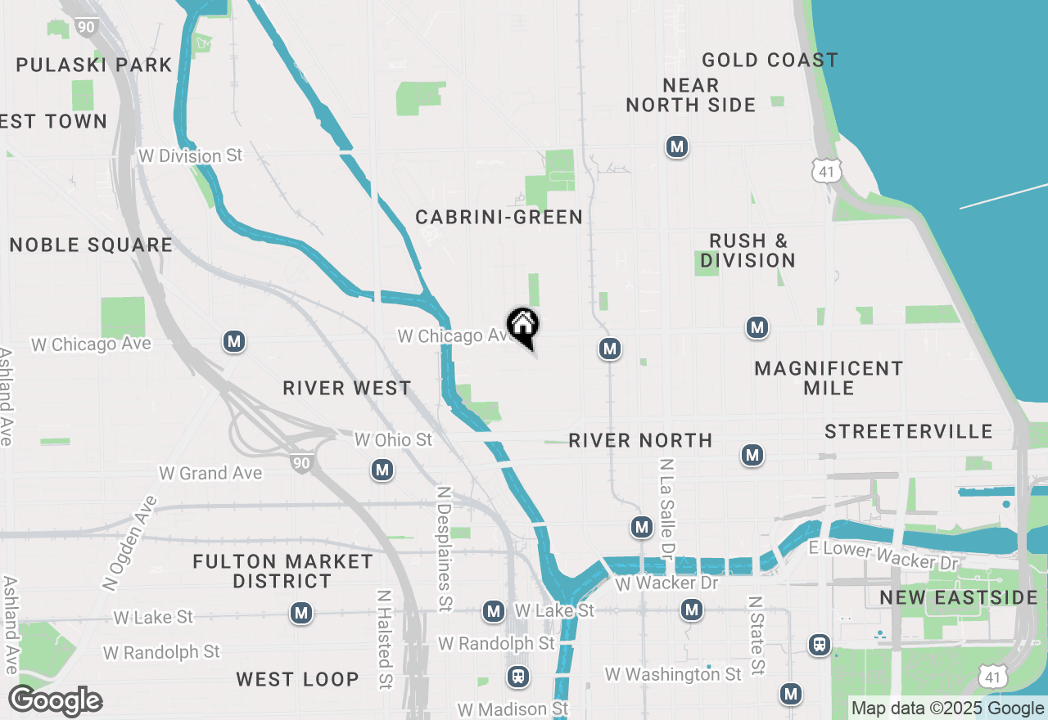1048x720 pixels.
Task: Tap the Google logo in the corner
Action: (x=56, y=701)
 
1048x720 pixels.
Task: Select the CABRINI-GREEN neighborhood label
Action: (x=499, y=217)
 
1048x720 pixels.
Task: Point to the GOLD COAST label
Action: (x=770, y=60)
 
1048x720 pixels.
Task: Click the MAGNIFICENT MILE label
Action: (x=829, y=378)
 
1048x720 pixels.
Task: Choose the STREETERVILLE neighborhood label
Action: (x=909, y=431)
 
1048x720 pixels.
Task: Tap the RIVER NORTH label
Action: (x=640, y=440)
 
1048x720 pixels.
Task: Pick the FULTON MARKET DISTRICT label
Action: (x=282, y=571)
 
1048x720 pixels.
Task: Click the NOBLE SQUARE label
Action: (x=91, y=245)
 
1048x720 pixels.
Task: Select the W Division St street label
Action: (x=191, y=155)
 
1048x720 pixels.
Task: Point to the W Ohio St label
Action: (x=393, y=439)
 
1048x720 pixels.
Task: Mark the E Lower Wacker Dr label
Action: (x=883, y=556)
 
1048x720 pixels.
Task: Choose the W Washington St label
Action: (x=673, y=674)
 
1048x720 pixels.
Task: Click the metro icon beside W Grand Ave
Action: (x=382, y=470)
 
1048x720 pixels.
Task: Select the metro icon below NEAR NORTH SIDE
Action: (x=676, y=147)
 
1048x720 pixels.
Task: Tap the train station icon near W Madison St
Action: (x=517, y=677)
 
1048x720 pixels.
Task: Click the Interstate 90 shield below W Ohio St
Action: (x=301, y=463)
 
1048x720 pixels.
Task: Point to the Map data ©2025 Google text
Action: (x=947, y=709)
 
